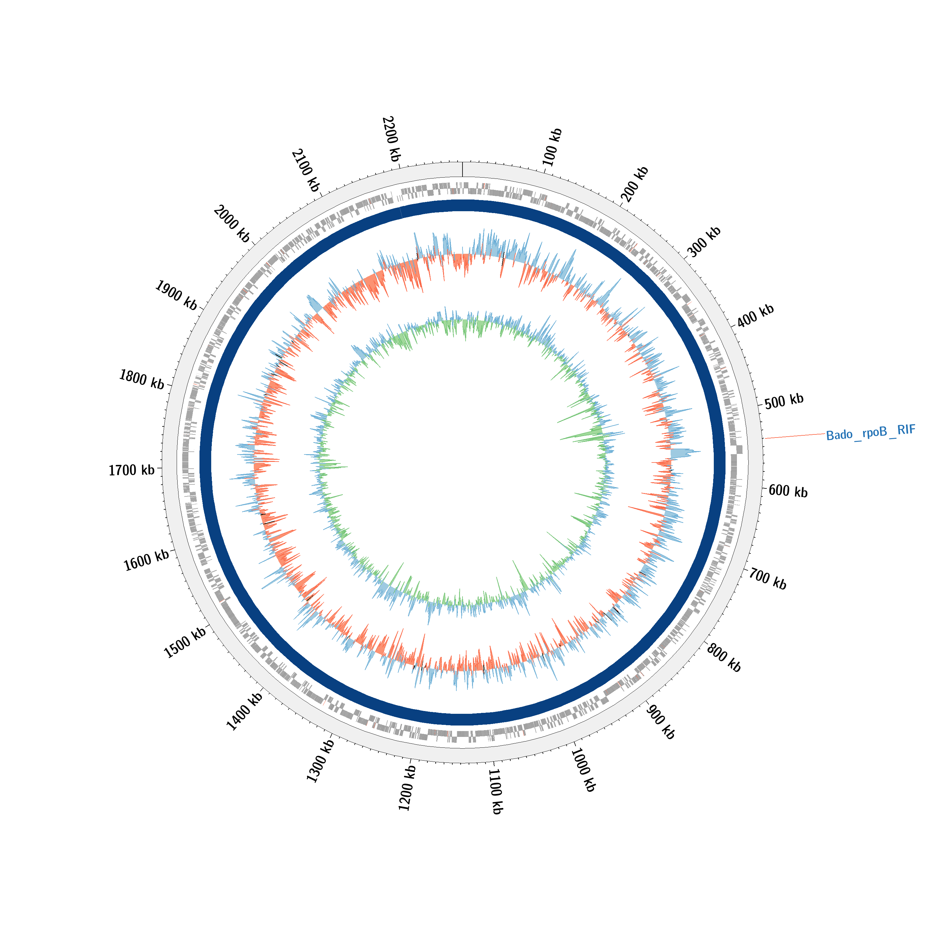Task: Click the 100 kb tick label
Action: (x=552, y=147)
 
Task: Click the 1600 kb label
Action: (x=146, y=560)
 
